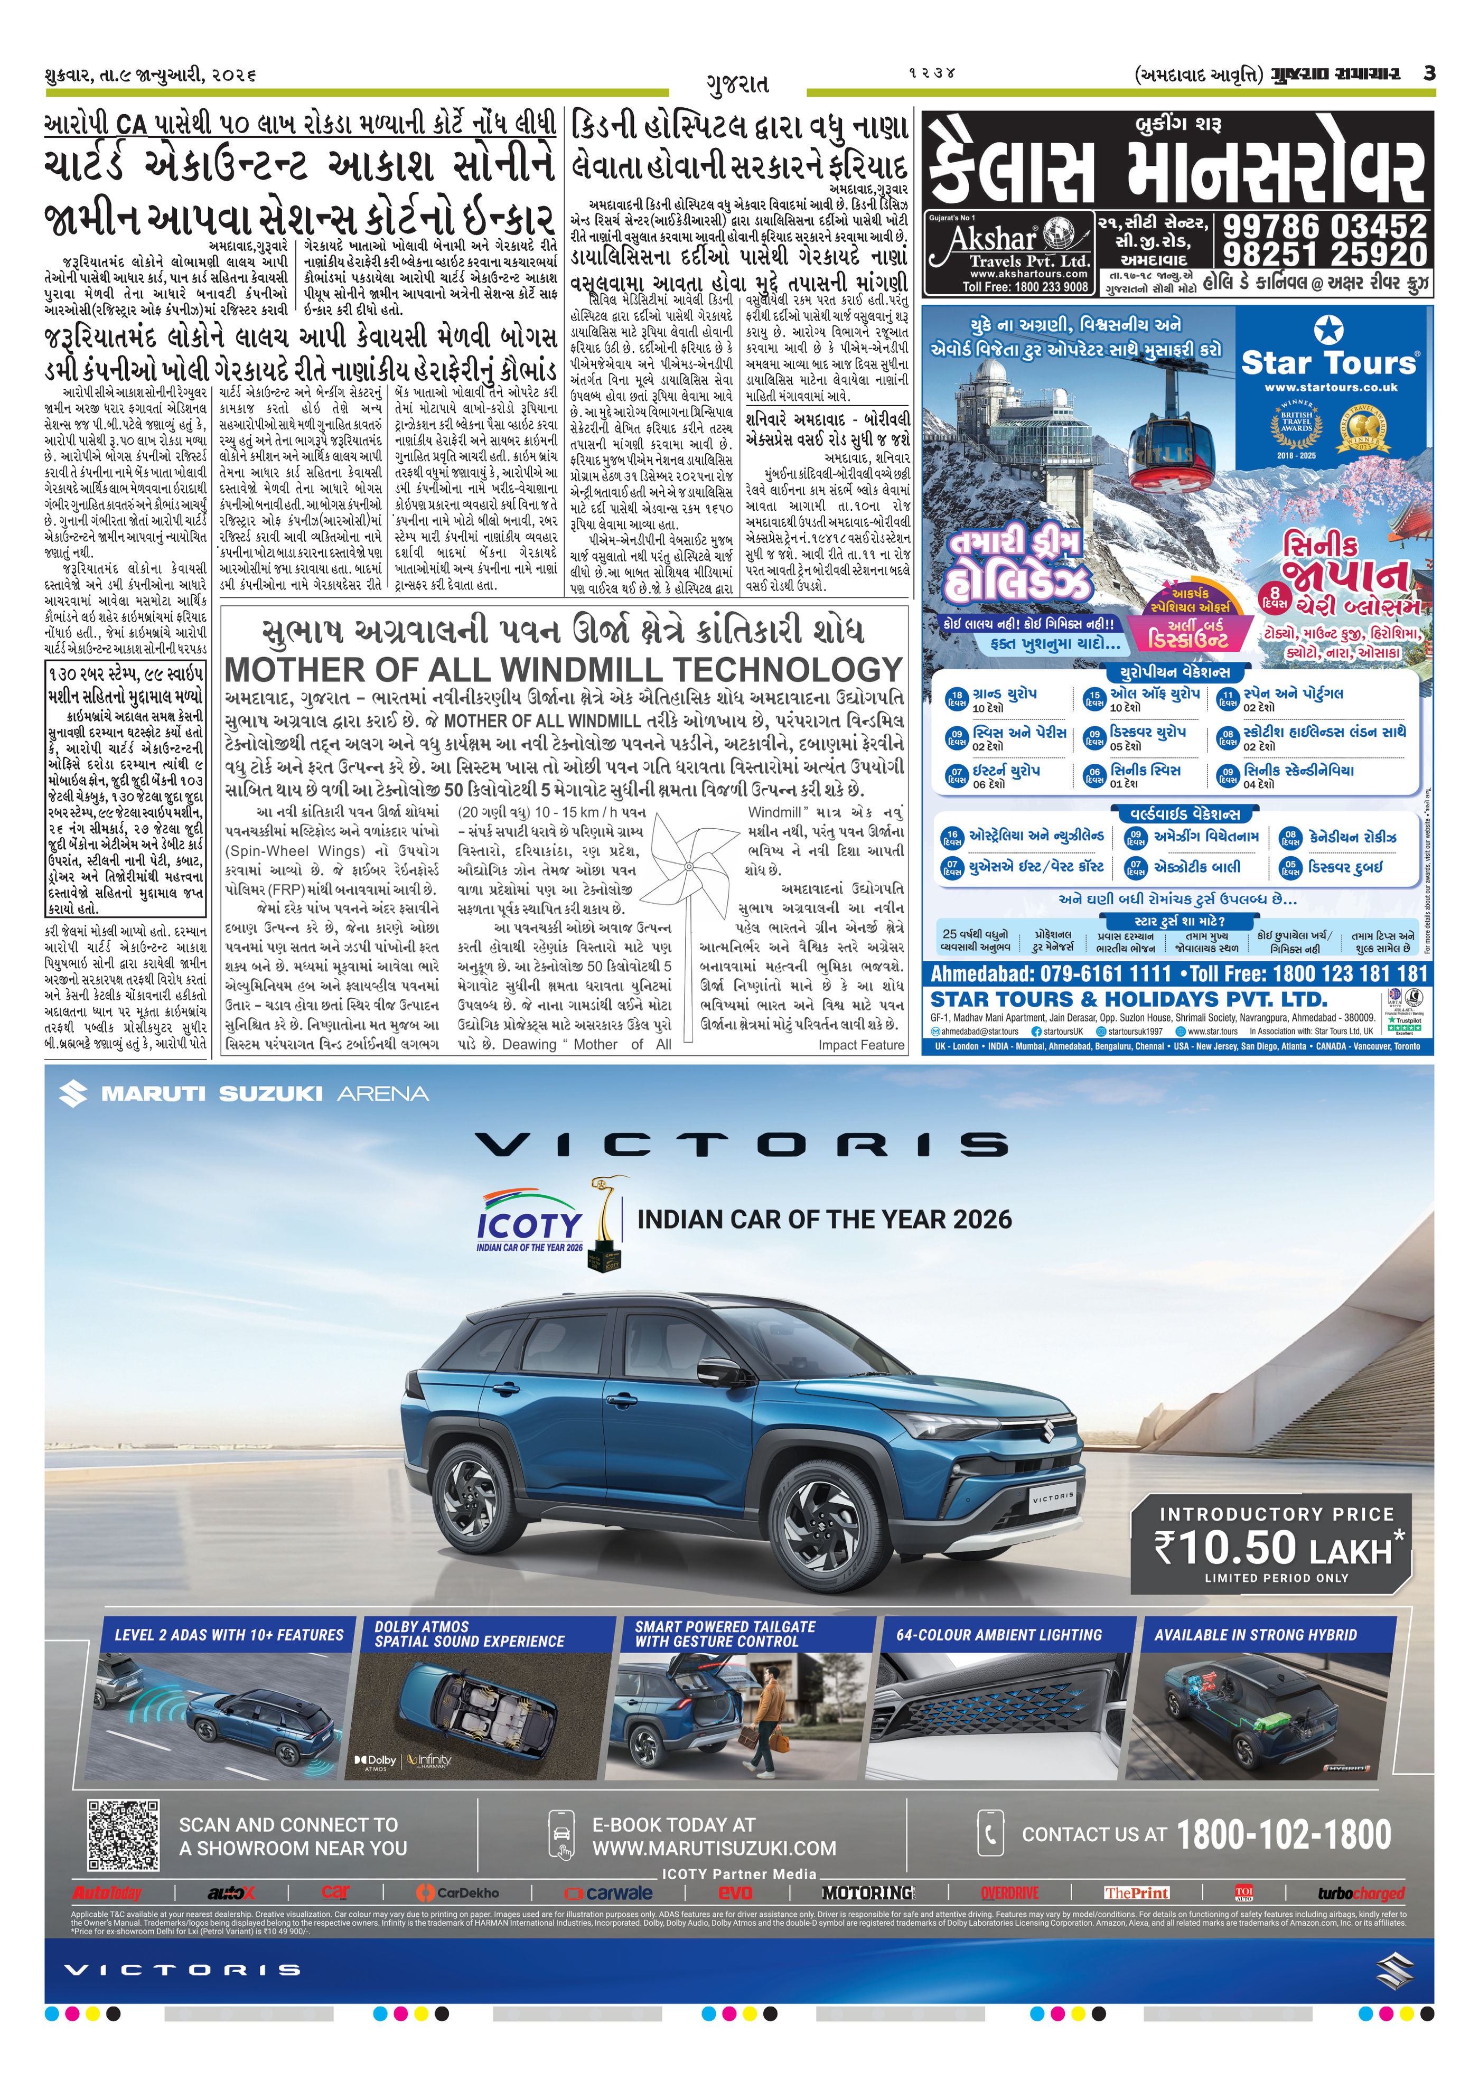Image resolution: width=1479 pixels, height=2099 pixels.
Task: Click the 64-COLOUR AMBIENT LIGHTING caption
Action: coord(999,1635)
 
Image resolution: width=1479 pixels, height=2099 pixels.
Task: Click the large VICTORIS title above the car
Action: coord(741,1145)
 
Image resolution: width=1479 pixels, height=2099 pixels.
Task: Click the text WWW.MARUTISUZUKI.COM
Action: coord(714,1849)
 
